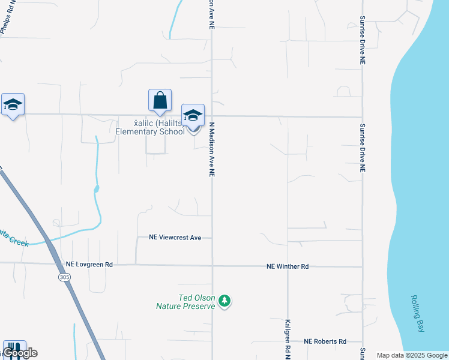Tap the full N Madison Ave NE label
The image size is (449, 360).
point(212,149)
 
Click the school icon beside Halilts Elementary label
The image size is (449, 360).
point(193,115)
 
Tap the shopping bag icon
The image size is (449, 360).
point(160,100)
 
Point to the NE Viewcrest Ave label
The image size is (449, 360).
point(175,238)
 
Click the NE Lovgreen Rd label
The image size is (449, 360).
point(89,264)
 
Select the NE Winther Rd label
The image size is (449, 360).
point(288,266)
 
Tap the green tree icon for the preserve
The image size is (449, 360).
point(224,300)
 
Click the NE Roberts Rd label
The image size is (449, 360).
point(325,341)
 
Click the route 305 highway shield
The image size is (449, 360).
point(65,278)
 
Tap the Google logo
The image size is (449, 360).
point(20,353)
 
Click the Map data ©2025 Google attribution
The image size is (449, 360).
point(412,355)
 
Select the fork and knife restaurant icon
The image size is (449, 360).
point(14,348)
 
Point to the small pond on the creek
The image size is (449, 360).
point(96,189)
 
